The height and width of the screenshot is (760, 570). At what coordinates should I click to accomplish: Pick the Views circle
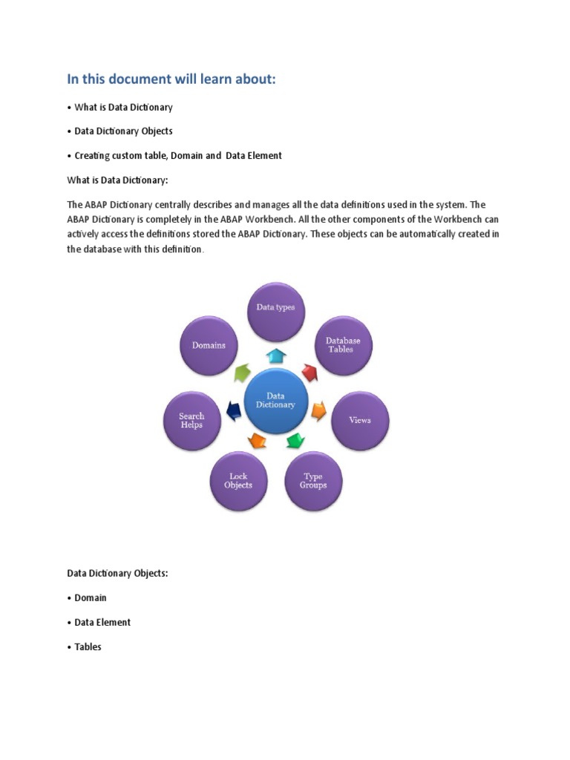[x=360, y=420]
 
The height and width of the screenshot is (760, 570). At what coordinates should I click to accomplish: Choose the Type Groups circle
[x=313, y=481]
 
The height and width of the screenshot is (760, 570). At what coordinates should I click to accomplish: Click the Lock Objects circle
[x=238, y=481]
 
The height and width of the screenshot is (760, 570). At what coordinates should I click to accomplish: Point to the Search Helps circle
[x=191, y=420]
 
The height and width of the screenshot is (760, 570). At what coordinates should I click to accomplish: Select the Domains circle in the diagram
[x=209, y=345]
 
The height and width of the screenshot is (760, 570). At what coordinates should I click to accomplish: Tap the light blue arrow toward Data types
[x=276, y=355]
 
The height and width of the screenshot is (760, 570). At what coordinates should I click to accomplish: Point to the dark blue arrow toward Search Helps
[x=232, y=408]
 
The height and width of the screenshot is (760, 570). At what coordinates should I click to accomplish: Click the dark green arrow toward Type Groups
[x=295, y=442]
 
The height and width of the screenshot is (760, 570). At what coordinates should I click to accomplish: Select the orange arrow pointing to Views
[x=318, y=410]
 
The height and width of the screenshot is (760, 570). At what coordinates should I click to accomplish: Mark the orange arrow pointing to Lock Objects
[x=257, y=442]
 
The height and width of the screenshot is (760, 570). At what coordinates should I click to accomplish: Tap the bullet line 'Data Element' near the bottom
[x=102, y=622]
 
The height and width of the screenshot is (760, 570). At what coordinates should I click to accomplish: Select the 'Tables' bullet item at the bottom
[x=88, y=646]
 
